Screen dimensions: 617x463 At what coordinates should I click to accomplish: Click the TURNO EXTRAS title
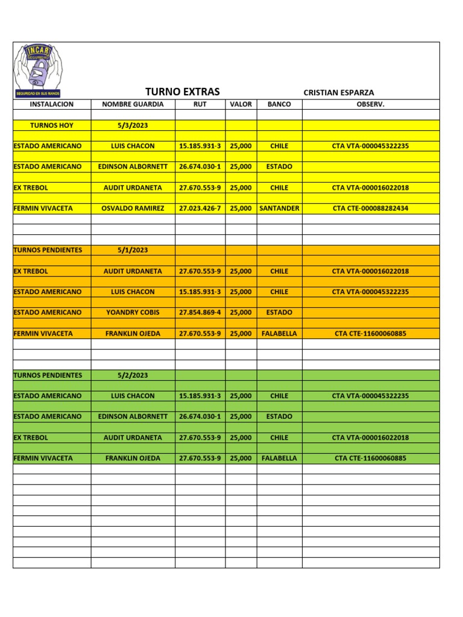click(x=183, y=92)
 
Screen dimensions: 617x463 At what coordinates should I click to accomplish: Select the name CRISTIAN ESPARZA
click(x=339, y=93)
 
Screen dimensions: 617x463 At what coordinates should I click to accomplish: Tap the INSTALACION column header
click(x=52, y=104)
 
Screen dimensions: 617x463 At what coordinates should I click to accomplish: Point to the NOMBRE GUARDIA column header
click(x=133, y=104)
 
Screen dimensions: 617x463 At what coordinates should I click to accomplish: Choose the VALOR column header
click(x=241, y=104)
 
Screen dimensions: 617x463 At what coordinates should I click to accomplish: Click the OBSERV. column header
click(x=370, y=104)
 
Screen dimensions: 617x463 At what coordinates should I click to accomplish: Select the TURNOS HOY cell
click(x=52, y=125)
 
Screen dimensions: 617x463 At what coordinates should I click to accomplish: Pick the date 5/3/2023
click(x=133, y=125)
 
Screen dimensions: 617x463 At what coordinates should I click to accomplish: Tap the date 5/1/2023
click(x=133, y=250)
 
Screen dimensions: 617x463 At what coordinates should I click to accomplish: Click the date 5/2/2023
click(x=133, y=375)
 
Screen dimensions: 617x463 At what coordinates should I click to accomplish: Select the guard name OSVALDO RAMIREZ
click(x=133, y=208)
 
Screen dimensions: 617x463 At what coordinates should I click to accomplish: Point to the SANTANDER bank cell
click(x=279, y=208)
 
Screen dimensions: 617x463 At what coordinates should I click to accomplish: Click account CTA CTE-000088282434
click(x=370, y=208)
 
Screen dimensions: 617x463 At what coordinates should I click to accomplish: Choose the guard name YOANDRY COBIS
click(x=133, y=313)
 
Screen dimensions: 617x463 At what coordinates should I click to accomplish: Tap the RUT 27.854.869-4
click(x=200, y=313)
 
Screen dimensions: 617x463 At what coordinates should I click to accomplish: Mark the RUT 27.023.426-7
click(x=200, y=208)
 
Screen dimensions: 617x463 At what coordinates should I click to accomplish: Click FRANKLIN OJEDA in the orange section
click(x=133, y=333)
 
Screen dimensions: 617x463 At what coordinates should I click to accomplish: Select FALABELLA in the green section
click(x=279, y=459)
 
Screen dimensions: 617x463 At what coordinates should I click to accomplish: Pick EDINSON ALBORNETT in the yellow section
click(x=133, y=167)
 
